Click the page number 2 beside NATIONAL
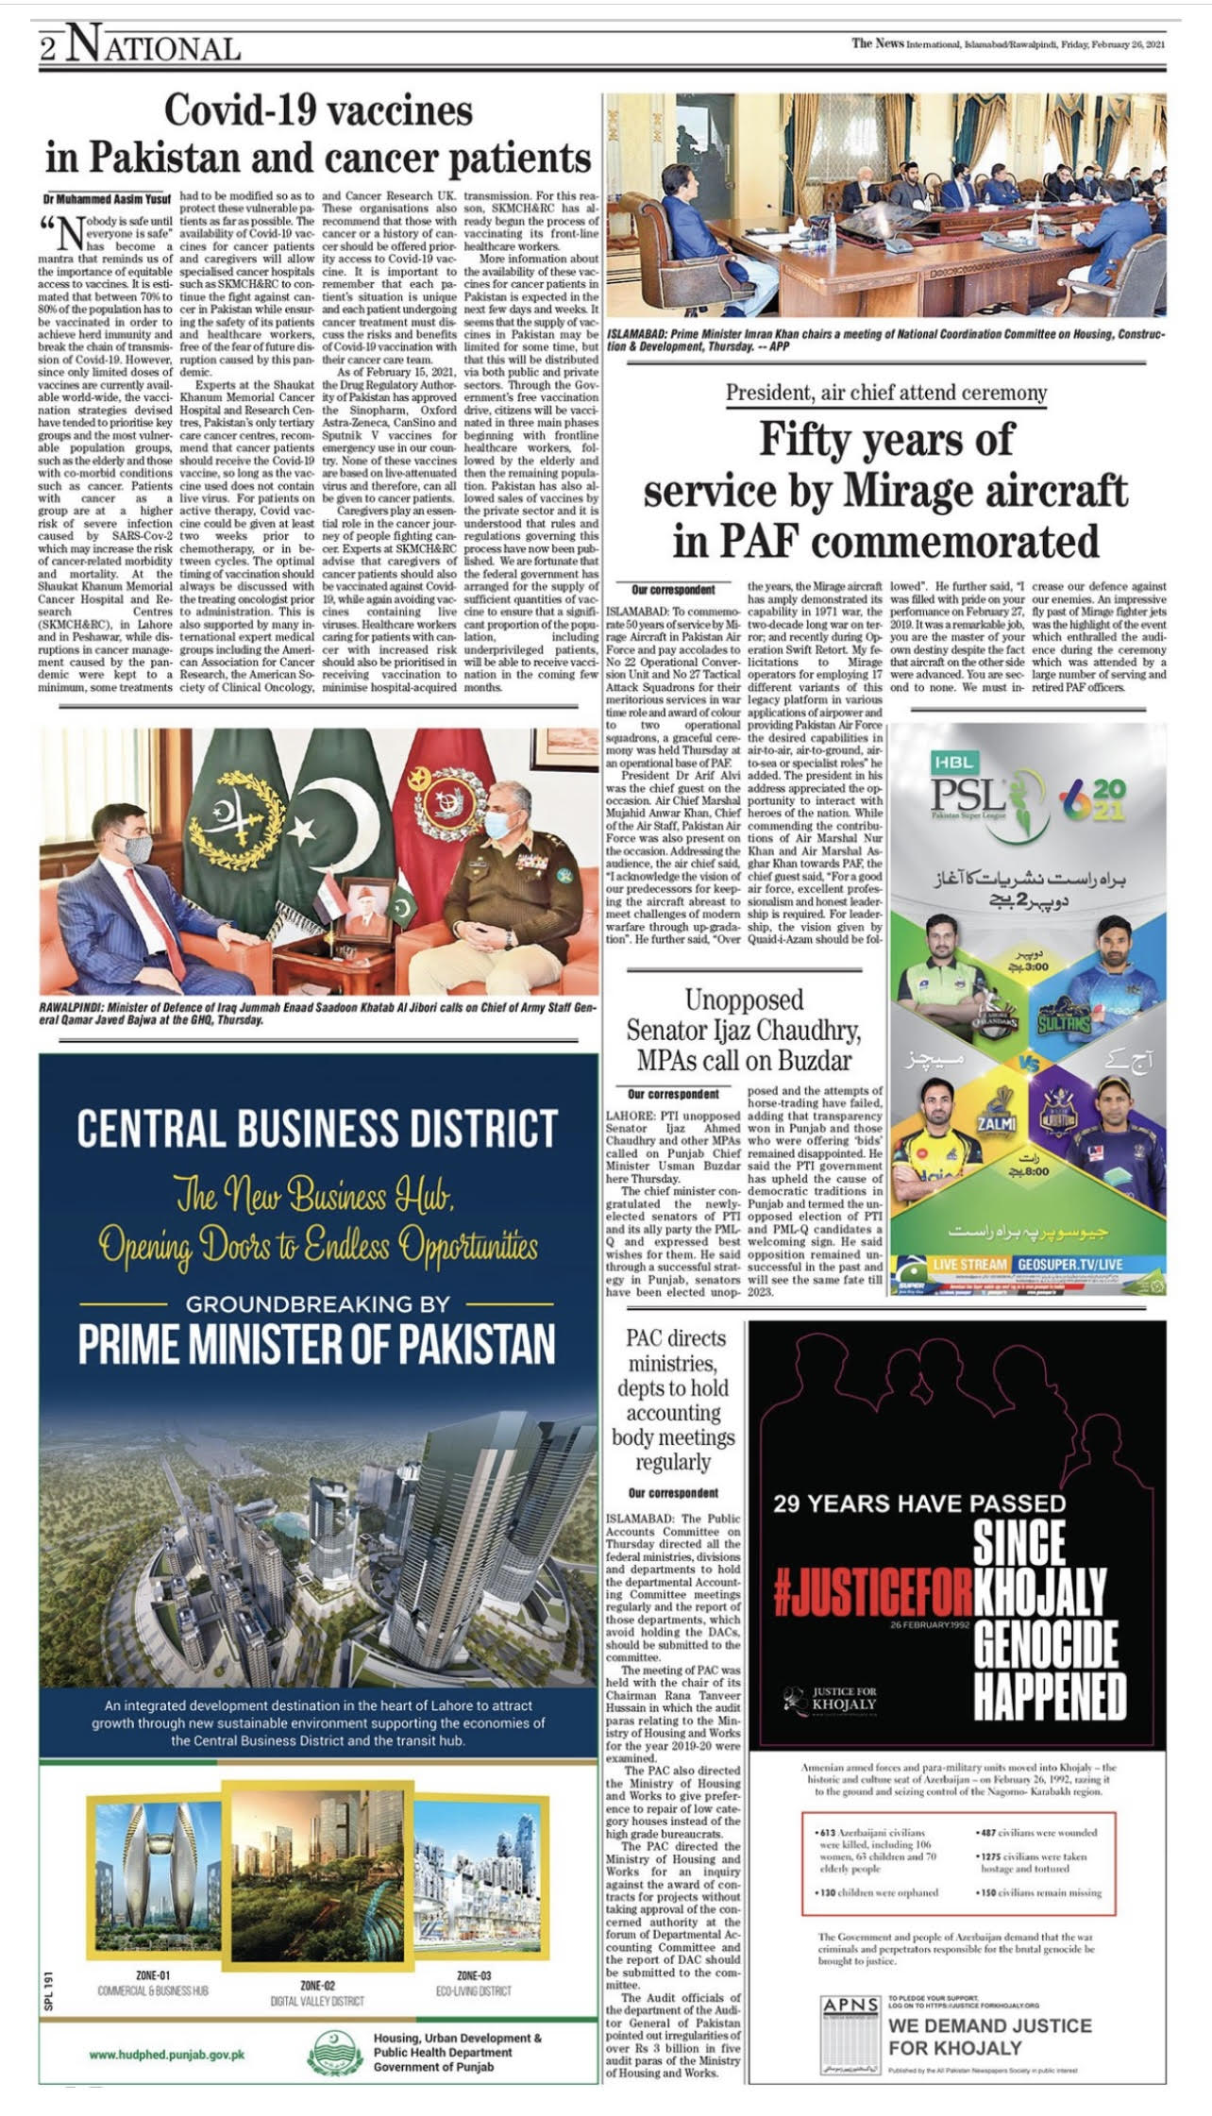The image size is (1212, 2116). click(48, 48)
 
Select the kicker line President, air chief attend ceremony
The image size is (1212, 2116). click(885, 393)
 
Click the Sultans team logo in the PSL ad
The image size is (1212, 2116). click(1064, 1019)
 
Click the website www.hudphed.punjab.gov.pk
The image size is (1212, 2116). click(167, 2054)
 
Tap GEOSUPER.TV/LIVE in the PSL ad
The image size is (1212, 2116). click(1069, 1264)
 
